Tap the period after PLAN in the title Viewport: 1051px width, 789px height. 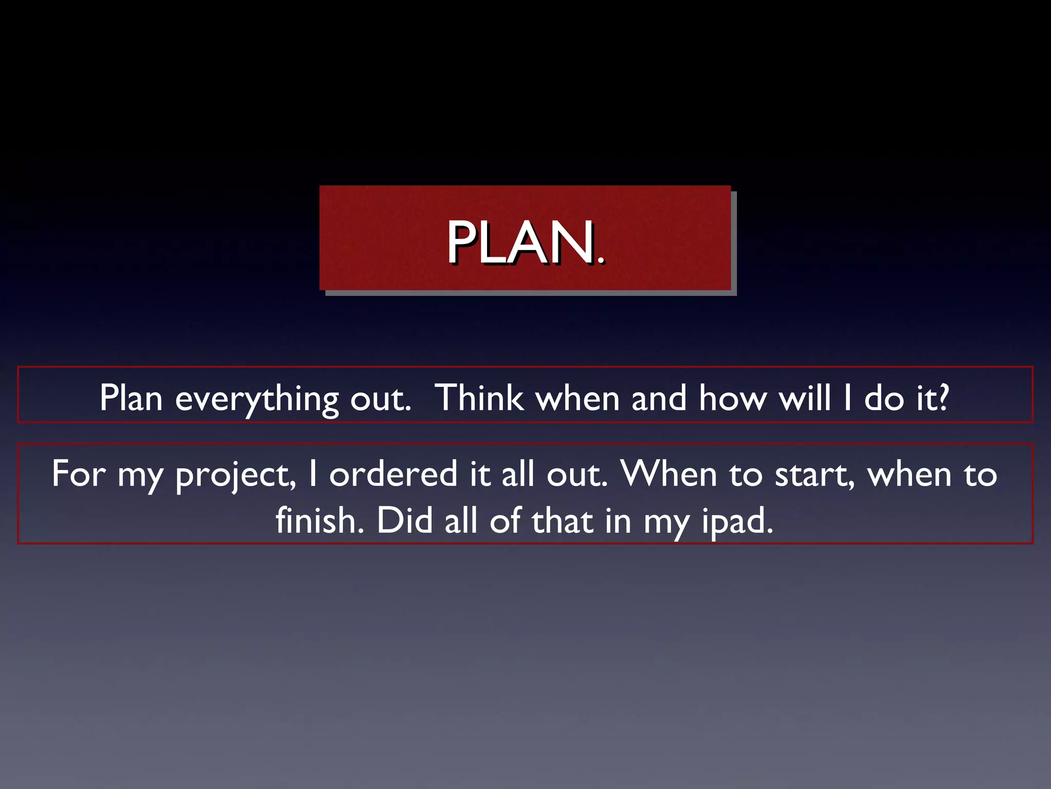click(601, 261)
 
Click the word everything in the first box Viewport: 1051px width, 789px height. click(256, 400)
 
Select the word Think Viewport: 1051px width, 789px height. click(479, 398)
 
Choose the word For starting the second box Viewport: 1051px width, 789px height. click(79, 474)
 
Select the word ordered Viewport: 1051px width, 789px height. click(393, 474)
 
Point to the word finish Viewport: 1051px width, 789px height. click(319, 520)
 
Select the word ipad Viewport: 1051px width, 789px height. click(737, 522)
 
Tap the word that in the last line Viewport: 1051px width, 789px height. click(562, 520)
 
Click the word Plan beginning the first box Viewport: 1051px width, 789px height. click(131, 398)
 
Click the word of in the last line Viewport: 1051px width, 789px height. click(505, 520)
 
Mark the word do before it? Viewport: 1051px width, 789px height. click(884, 398)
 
